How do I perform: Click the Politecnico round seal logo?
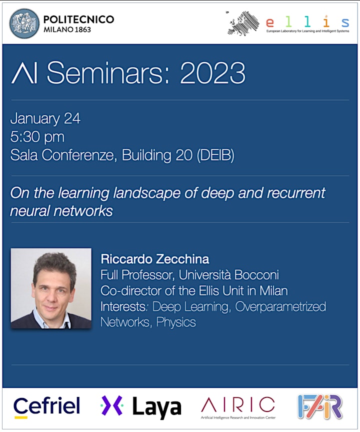(24, 23)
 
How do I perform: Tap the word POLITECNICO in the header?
(79, 19)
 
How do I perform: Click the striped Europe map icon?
(242, 23)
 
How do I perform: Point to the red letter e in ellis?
(270, 22)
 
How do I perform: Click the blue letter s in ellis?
(345, 22)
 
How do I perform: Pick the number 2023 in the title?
(212, 72)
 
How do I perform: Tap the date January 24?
(45, 118)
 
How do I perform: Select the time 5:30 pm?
(37, 136)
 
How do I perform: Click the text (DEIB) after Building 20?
(215, 155)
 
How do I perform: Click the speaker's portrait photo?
(51, 288)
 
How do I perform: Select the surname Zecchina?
(182, 259)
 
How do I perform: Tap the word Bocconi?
(256, 274)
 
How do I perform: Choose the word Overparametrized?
(280, 306)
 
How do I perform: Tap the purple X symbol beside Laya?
(112, 405)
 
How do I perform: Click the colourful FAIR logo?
(320, 406)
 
